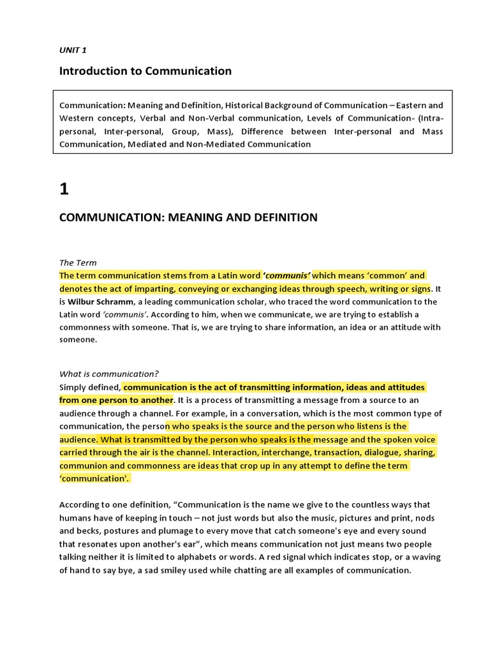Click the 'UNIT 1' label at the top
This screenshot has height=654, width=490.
tap(73, 50)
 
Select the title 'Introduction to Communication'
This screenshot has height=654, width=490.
tap(145, 71)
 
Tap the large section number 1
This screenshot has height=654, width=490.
tap(64, 189)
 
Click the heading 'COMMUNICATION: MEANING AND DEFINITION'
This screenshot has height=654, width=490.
tap(188, 217)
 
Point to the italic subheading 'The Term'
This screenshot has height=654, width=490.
tap(78, 262)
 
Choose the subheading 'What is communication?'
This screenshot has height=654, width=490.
tap(109, 374)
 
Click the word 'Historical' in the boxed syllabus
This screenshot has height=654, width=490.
tap(248, 105)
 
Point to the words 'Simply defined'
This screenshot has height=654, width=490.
tap(89, 388)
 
